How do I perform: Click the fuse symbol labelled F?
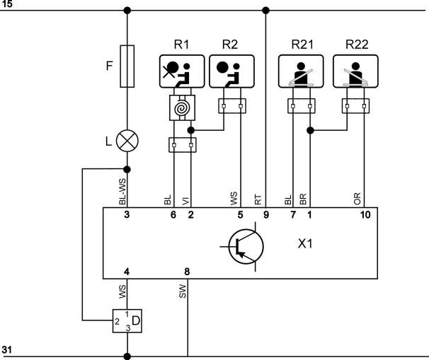pyautogui.click(x=127, y=66)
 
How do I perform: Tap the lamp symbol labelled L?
pyautogui.click(x=127, y=141)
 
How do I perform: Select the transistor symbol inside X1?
pyautogui.click(x=246, y=247)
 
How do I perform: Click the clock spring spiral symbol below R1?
pyautogui.click(x=182, y=108)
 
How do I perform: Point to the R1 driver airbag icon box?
pyautogui.click(x=182, y=71)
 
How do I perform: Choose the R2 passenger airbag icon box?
pyautogui.click(x=231, y=71)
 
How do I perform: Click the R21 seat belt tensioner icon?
pyautogui.click(x=301, y=71)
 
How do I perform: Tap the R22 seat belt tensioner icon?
pyautogui.click(x=355, y=71)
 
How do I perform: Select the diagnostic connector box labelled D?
pyautogui.click(x=127, y=321)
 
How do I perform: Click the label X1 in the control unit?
pyautogui.click(x=305, y=243)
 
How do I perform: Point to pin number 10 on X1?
pyautogui.click(x=365, y=215)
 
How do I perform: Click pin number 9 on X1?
pyautogui.click(x=266, y=215)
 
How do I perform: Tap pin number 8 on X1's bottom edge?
pyautogui.click(x=187, y=272)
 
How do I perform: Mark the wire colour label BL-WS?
pyautogui.click(x=122, y=192)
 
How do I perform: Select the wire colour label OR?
pyautogui.click(x=357, y=199)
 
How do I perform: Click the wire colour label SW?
pyautogui.click(x=182, y=291)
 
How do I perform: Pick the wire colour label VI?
pyautogui.click(x=185, y=201)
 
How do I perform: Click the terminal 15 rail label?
pyautogui.click(x=6, y=4)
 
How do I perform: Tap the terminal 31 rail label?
pyautogui.click(x=6, y=350)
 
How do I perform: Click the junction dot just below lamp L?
pyautogui.click(x=127, y=170)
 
